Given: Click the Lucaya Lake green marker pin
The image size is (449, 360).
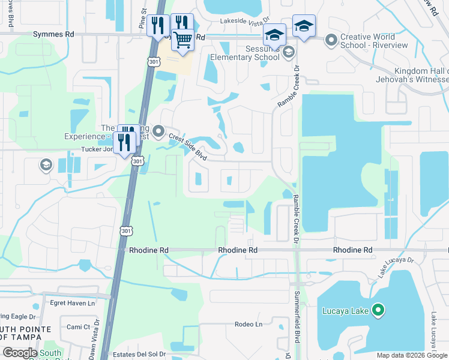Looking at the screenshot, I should [378, 310].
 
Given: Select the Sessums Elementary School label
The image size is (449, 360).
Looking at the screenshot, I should [244, 53].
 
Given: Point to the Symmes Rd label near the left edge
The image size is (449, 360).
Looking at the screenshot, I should [53, 34].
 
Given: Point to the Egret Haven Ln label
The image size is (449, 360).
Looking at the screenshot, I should [72, 303].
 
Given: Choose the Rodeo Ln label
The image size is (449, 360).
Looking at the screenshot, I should [249, 325].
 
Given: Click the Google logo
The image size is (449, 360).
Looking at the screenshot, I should [19, 352].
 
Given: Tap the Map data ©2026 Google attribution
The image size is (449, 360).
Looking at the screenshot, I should [411, 355].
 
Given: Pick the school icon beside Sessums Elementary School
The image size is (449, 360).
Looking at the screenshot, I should [289, 52].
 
